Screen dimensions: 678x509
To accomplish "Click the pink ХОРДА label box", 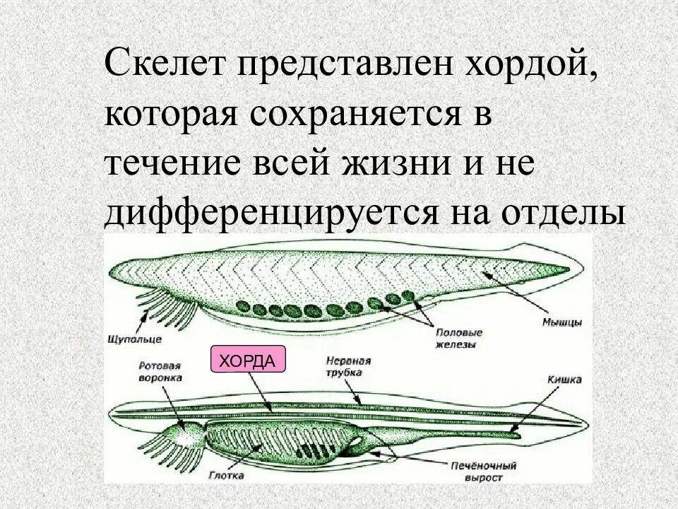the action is (x=248, y=361).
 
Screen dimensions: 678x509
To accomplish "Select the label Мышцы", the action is (x=562, y=322).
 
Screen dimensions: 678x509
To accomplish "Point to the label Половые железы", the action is (x=459, y=337).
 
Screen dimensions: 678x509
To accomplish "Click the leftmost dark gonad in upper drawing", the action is (x=242, y=307).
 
